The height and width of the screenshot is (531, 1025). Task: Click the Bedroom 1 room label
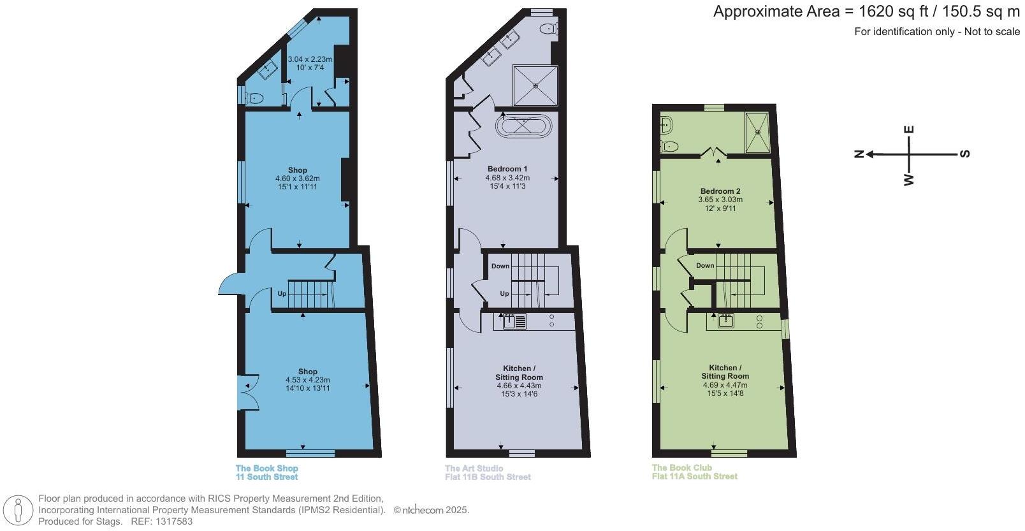507,169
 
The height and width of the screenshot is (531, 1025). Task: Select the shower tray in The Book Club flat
758,133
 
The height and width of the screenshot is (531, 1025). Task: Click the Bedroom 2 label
720,191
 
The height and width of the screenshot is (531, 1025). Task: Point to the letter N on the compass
859,154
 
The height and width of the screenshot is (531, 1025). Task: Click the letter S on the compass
965,154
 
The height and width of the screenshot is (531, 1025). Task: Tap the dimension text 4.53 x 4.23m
308,380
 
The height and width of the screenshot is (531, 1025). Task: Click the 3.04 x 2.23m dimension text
310,59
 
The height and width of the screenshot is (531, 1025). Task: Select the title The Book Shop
266,469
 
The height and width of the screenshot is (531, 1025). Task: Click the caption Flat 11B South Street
488,477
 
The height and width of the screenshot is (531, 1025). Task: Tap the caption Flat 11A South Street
695,476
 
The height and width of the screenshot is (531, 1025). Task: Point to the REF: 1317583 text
161,521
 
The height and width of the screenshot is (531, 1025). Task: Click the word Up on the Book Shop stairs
282,294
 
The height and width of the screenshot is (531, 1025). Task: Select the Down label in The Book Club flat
705,265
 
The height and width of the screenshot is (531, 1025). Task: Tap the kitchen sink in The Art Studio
511,321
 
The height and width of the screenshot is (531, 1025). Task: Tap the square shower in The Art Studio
535,85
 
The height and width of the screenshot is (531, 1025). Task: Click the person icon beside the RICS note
19,511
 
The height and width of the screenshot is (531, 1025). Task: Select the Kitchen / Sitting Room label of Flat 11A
725,372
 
